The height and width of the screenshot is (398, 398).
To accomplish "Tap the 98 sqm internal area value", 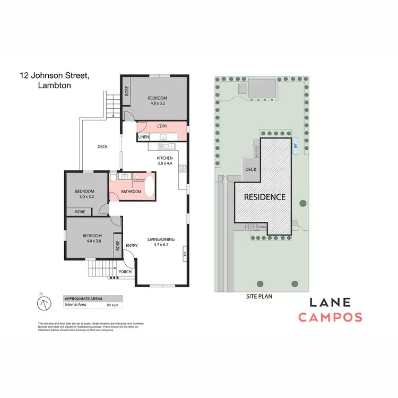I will (x=112, y=306).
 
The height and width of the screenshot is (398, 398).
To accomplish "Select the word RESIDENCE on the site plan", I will (x=264, y=197).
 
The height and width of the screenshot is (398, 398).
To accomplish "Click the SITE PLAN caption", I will (x=259, y=297).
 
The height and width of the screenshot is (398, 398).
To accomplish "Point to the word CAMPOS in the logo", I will (x=330, y=317).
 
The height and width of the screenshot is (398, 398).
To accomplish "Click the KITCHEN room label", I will (x=165, y=158).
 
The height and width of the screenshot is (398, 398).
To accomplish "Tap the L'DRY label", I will (x=162, y=126).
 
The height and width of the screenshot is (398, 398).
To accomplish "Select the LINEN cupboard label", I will (x=143, y=137).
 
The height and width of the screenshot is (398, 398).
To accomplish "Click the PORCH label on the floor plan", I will (x=125, y=272).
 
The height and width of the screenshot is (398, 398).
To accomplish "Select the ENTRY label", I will (x=131, y=245).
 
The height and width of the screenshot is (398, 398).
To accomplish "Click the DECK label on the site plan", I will (x=250, y=170).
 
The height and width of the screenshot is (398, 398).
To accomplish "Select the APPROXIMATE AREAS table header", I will (x=83, y=299).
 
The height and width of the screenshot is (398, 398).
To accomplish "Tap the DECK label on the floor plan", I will (x=103, y=147).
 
